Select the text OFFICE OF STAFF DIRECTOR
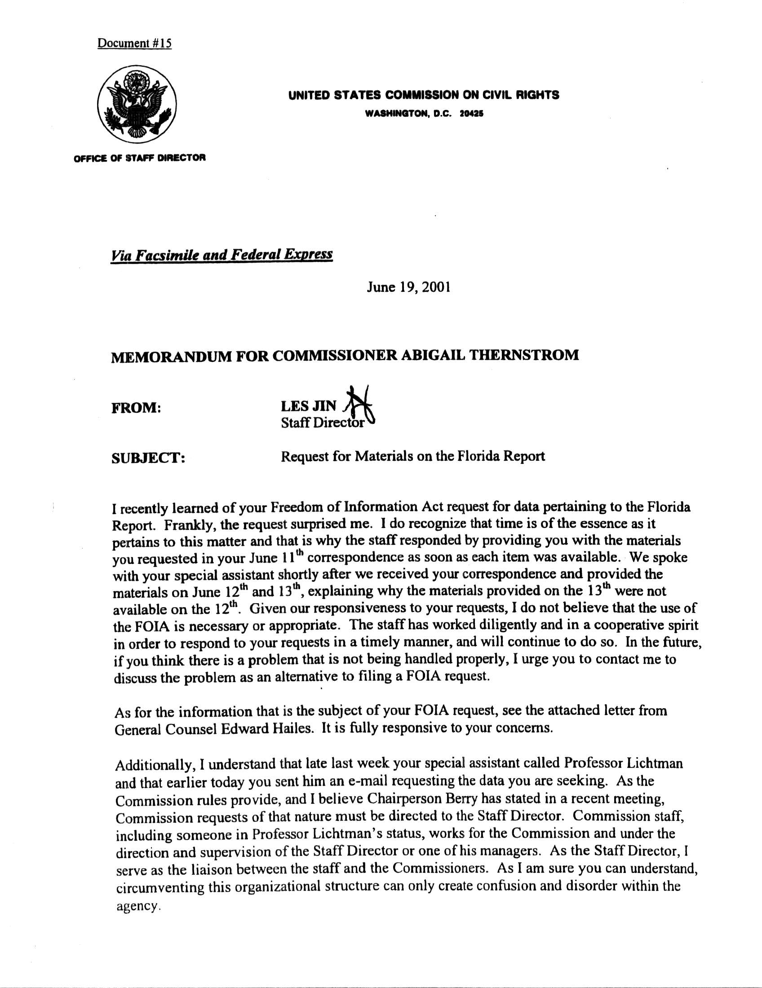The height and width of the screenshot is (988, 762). [140, 158]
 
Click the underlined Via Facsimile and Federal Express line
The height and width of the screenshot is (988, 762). [222, 255]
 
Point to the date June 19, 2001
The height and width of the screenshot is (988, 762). [408, 287]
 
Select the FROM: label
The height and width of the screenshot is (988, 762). [136, 408]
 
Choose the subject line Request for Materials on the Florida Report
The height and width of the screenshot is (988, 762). [412, 456]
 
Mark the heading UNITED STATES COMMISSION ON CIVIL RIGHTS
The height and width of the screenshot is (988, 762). [424, 95]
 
